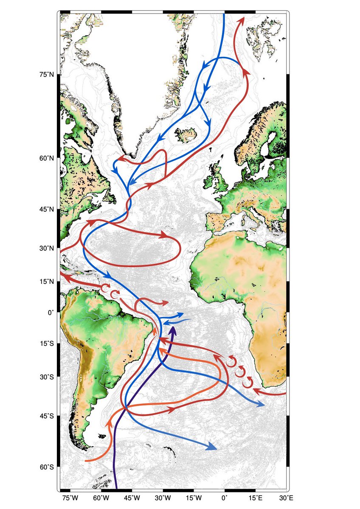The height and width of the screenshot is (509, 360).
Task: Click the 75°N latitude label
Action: (x=46, y=75)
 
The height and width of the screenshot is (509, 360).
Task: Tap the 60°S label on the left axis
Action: (x=46, y=467)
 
